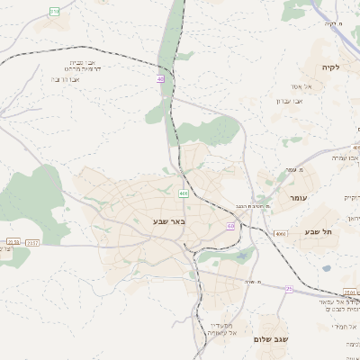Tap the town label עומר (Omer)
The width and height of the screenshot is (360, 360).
tap(299, 197)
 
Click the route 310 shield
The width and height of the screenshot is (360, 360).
tap(54, 11)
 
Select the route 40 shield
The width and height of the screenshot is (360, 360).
tap(160, 79)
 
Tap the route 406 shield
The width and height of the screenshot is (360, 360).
tap(184, 193)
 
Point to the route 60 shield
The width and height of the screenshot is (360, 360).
tap(230, 226)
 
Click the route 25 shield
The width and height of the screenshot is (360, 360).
tap(289, 289)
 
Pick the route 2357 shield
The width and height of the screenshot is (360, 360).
tap(33, 242)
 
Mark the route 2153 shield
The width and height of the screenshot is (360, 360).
tap(12, 242)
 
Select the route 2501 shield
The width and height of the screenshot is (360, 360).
tap(350, 292)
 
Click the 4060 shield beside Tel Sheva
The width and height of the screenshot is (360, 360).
tap(280, 233)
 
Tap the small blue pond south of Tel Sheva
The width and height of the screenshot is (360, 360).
tap(325, 267)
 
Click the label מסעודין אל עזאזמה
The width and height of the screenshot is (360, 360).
tap(221, 329)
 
